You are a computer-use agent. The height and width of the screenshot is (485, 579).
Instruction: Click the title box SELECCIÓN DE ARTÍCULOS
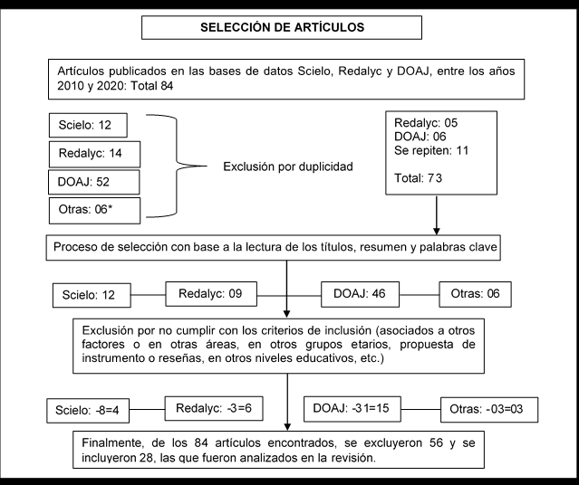pos(282,27)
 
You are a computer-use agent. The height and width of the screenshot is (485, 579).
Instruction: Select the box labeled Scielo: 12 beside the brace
pos(88,125)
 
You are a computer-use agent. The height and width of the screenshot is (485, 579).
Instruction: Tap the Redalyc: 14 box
pos(94,154)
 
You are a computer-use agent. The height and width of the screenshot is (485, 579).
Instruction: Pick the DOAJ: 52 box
pos(94,182)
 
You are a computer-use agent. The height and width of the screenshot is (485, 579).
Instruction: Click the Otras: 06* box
pos(94,211)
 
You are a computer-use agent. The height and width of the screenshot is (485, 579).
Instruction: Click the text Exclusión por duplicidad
pos(288,166)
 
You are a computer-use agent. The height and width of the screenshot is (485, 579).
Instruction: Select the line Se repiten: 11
pos(431,150)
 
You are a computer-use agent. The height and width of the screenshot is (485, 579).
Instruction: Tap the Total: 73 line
pos(418,178)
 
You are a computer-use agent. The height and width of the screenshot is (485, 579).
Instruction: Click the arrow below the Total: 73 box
pos(437,215)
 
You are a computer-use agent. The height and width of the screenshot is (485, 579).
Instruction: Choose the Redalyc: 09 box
pos(211,294)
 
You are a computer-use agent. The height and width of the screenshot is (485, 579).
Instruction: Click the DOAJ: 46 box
pos(360,294)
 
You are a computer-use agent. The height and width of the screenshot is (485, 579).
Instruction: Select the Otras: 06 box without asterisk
pos(475,294)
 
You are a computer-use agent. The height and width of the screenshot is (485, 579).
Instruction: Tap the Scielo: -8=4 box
pos(88,411)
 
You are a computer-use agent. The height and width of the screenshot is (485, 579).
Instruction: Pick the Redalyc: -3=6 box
pos(214,408)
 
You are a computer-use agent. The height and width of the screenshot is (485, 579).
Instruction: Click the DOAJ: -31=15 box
pos(352,409)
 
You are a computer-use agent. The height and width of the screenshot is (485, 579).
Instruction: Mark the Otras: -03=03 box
pos(489,409)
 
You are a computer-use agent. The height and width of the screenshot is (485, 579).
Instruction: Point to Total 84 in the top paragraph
pos(152,86)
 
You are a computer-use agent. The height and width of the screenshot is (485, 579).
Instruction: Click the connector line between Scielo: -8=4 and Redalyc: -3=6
pos(147,409)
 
